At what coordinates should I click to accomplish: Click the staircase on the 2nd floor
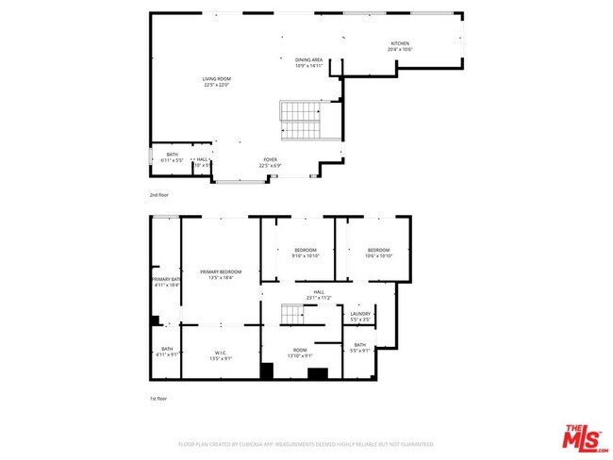(301, 121)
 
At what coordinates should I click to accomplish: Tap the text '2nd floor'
(158, 195)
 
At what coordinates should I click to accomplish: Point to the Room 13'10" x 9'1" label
(300, 353)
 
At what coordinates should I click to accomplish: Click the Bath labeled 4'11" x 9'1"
(166, 352)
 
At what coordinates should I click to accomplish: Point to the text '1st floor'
(158, 398)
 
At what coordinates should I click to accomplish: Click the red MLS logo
(586, 438)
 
